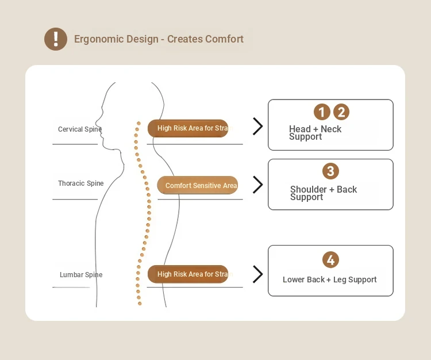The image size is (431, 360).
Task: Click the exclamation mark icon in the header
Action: pos(56,39)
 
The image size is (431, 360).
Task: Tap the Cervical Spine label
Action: pos(80,129)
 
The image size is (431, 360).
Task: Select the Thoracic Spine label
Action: pos(81,183)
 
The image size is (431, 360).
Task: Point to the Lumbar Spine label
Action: pos(81,275)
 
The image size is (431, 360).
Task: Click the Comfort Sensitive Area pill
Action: pos(198,185)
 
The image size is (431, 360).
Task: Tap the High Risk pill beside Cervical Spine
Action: pos(188,128)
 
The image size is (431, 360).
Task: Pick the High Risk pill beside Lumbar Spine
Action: pos(188,274)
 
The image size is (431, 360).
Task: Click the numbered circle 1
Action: pos(322,112)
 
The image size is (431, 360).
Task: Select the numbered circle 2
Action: pos(341,112)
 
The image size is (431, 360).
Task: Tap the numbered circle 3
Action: pos(330,171)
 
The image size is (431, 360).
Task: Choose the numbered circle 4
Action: pos(330,260)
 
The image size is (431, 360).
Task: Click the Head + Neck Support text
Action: pos(315,133)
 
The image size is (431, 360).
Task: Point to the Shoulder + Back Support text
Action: pos(324,193)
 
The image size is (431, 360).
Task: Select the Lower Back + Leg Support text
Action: pos(330,279)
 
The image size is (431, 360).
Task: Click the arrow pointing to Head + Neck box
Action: pos(258,127)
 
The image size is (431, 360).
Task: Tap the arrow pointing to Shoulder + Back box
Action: pos(258,185)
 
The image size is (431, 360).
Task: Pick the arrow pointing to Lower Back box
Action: pos(258,274)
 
